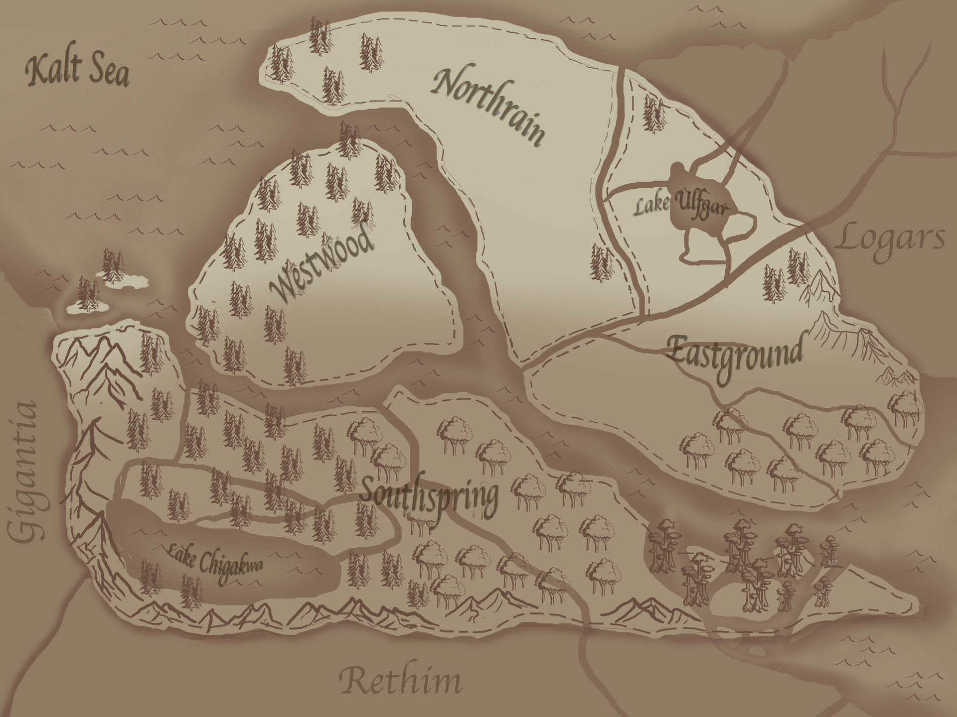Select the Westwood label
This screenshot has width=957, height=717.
click(321, 264)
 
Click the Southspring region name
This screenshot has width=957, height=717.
click(429, 495)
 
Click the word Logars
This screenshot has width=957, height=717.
click(890, 239)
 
